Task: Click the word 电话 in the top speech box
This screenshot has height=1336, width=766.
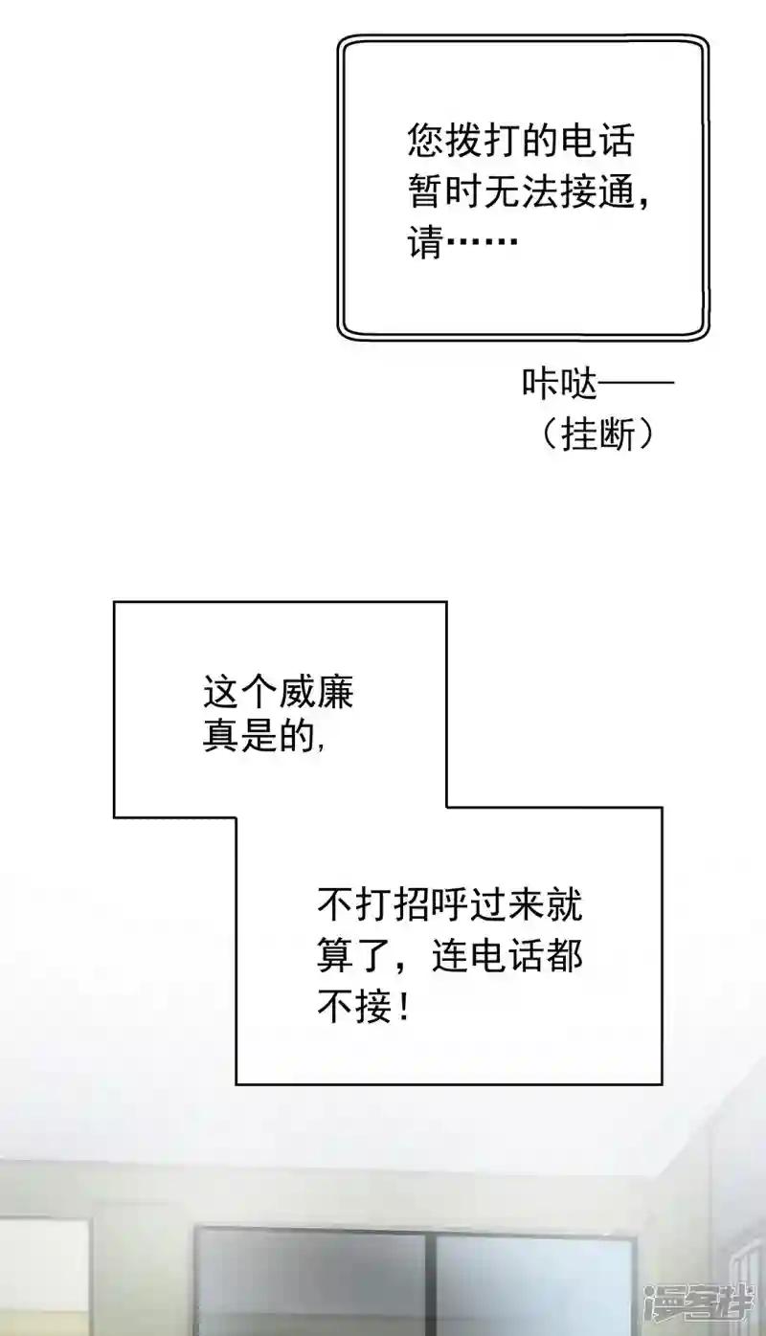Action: [597, 142]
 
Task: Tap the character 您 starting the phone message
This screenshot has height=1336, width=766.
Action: [426, 142]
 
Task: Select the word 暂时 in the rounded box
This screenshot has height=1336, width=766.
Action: [445, 192]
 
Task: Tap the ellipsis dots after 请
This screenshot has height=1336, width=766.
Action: [481, 242]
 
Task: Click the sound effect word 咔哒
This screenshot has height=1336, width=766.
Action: [559, 383]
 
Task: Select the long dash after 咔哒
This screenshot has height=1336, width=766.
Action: [636, 383]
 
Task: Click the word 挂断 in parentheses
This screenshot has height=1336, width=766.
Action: [598, 434]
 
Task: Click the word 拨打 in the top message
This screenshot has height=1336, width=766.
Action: [483, 142]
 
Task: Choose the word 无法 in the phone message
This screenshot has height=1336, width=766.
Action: [521, 192]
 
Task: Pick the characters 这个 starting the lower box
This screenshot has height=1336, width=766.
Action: [239, 692]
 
